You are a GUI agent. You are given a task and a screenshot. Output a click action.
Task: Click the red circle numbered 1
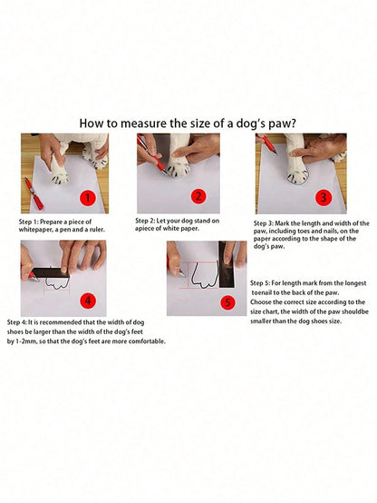coord(87,198)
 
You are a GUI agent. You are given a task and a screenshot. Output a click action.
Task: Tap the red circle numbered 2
coord(198,196)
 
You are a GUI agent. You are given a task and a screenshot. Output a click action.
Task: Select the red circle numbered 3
coord(324,197)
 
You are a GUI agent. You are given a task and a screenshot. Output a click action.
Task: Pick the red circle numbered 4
coord(88,301)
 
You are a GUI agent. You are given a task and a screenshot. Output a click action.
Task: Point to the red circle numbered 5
coord(227,302)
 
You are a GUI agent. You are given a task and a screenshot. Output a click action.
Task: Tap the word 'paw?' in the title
coord(282,124)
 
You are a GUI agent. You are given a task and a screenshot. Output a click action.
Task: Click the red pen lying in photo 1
coord(34,193)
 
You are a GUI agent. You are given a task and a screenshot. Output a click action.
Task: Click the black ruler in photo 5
coord(227,264)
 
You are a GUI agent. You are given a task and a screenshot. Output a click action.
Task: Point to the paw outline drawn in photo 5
coord(205,275)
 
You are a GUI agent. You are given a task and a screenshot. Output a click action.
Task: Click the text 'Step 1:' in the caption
coord(28,222)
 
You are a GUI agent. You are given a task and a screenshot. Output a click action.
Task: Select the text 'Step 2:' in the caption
coord(145,221)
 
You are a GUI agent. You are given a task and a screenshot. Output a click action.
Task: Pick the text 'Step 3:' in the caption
coord(264,223)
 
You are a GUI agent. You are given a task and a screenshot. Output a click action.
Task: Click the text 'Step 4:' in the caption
coord(17,322)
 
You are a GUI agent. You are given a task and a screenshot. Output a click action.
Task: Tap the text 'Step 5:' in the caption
coord(260,283)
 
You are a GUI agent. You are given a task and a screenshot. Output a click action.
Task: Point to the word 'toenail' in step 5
coord(261,292)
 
